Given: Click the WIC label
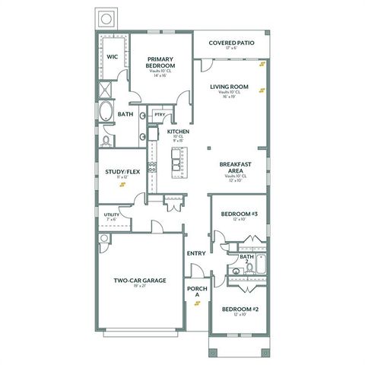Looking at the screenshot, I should tap(112, 56).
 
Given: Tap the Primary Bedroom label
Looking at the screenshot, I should tap(160, 62).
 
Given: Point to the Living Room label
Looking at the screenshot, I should tap(230, 87).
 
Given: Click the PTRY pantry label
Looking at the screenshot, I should tap(160, 115).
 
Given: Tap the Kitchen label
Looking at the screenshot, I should tap(179, 132).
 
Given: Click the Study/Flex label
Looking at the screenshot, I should tap(122, 172).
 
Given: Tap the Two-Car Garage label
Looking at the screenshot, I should tap(140, 281).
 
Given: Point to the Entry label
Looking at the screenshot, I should tap(196, 253).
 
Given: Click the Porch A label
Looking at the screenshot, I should tap(196, 292).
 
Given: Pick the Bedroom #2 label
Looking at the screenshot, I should tap(240, 309).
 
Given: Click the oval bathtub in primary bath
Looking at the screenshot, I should tap(106, 114).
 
